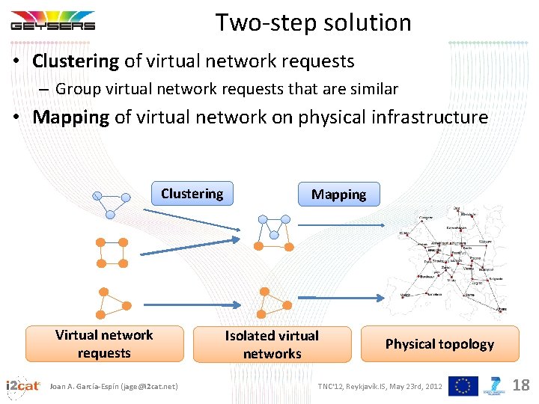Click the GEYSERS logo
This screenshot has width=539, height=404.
[52, 21]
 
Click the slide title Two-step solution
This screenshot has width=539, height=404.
[314, 22]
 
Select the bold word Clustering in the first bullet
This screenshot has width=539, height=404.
[76, 61]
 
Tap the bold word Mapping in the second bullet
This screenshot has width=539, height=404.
[71, 117]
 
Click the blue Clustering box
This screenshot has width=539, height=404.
[192, 194]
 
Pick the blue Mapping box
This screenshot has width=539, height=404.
[338, 195]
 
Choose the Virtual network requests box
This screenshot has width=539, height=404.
[104, 344]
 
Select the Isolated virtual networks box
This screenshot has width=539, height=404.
[272, 345]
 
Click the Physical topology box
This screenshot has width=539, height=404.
[439, 344]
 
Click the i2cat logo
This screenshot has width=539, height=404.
[22, 386]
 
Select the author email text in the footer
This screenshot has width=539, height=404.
[114, 386]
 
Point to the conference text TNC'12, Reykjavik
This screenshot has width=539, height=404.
[380, 386]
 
